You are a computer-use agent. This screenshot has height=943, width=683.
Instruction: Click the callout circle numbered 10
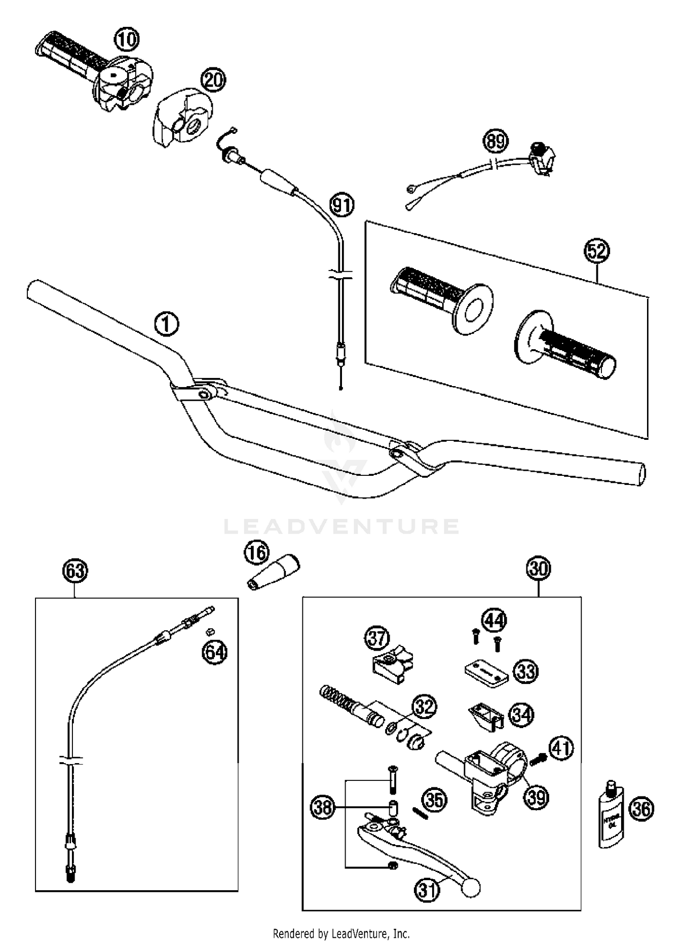pyautogui.click(x=126, y=40)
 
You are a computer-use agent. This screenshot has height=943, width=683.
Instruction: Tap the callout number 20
pyautogui.click(x=214, y=81)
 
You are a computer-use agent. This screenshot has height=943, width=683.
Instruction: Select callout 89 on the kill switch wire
pyautogui.click(x=495, y=141)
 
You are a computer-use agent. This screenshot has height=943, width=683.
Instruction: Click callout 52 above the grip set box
pyautogui.click(x=597, y=251)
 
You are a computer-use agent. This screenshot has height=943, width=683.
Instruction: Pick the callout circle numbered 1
pyautogui.click(x=167, y=324)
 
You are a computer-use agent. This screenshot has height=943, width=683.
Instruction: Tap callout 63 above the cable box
pyautogui.click(x=75, y=571)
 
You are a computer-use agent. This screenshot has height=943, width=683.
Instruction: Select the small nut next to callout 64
pyautogui.click(x=211, y=631)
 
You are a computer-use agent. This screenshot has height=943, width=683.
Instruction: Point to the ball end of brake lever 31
pyautogui.click(x=471, y=887)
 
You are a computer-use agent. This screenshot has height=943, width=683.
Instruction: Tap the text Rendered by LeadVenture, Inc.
pyautogui.click(x=341, y=933)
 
